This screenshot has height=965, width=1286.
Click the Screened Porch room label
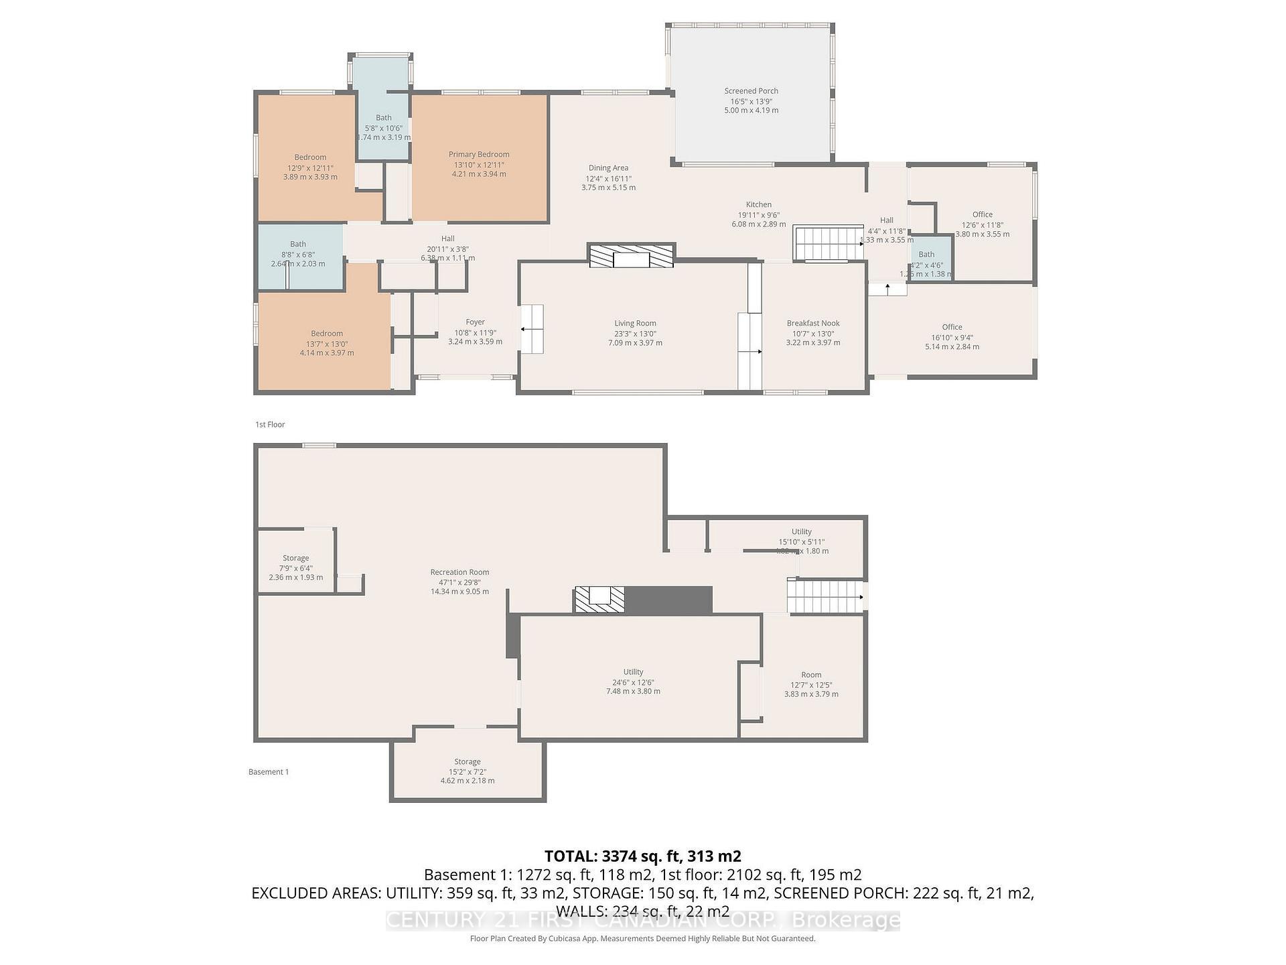pyautogui.click(x=751, y=91)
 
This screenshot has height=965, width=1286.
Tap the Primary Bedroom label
pyautogui.click(x=479, y=155)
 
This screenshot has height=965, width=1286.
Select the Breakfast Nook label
pyautogui.click(x=813, y=324)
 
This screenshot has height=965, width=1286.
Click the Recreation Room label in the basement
pyautogui.click(x=459, y=572)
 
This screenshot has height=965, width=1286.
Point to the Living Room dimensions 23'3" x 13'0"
pyautogui.click(x=635, y=334)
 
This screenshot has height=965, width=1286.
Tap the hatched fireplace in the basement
pyautogui.click(x=599, y=599)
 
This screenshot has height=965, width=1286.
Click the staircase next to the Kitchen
pyautogui.click(x=828, y=243)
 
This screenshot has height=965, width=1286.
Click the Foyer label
pyautogui.click(x=475, y=322)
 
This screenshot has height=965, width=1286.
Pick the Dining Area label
pyautogui.click(x=608, y=168)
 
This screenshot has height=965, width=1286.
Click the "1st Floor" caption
pyautogui.click(x=270, y=425)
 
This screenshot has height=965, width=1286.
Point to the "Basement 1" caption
pyautogui.click(x=269, y=772)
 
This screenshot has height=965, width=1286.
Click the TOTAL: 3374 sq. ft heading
pyautogui.click(x=642, y=856)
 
